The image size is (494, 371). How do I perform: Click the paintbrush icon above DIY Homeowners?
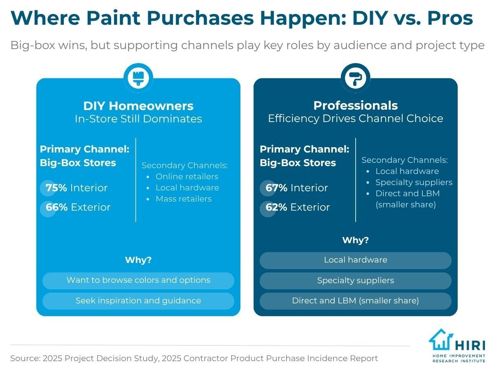[x=138, y=78]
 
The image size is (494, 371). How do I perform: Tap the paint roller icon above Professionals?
[x=355, y=78]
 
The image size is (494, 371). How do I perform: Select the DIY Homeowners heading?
[x=138, y=106]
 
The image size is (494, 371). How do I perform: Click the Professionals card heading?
[x=355, y=106]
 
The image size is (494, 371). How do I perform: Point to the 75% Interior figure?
[x=76, y=188]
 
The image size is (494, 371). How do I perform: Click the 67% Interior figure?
[x=296, y=188]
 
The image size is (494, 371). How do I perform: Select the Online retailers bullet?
[x=186, y=176]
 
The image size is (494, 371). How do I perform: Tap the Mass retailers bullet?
[x=183, y=199]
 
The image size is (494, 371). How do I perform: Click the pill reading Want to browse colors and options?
[x=138, y=280]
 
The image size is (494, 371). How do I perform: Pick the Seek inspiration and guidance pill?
[x=138, y=301]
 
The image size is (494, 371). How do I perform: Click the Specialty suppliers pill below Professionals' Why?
[x=355, y=281]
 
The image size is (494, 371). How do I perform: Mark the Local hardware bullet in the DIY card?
[x=187, y=188]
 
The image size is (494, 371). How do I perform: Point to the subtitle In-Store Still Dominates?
[x=138, y=119]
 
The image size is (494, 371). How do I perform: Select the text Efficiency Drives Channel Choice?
[x=355, y=119]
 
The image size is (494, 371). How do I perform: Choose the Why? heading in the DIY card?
[x=138, y=261]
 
